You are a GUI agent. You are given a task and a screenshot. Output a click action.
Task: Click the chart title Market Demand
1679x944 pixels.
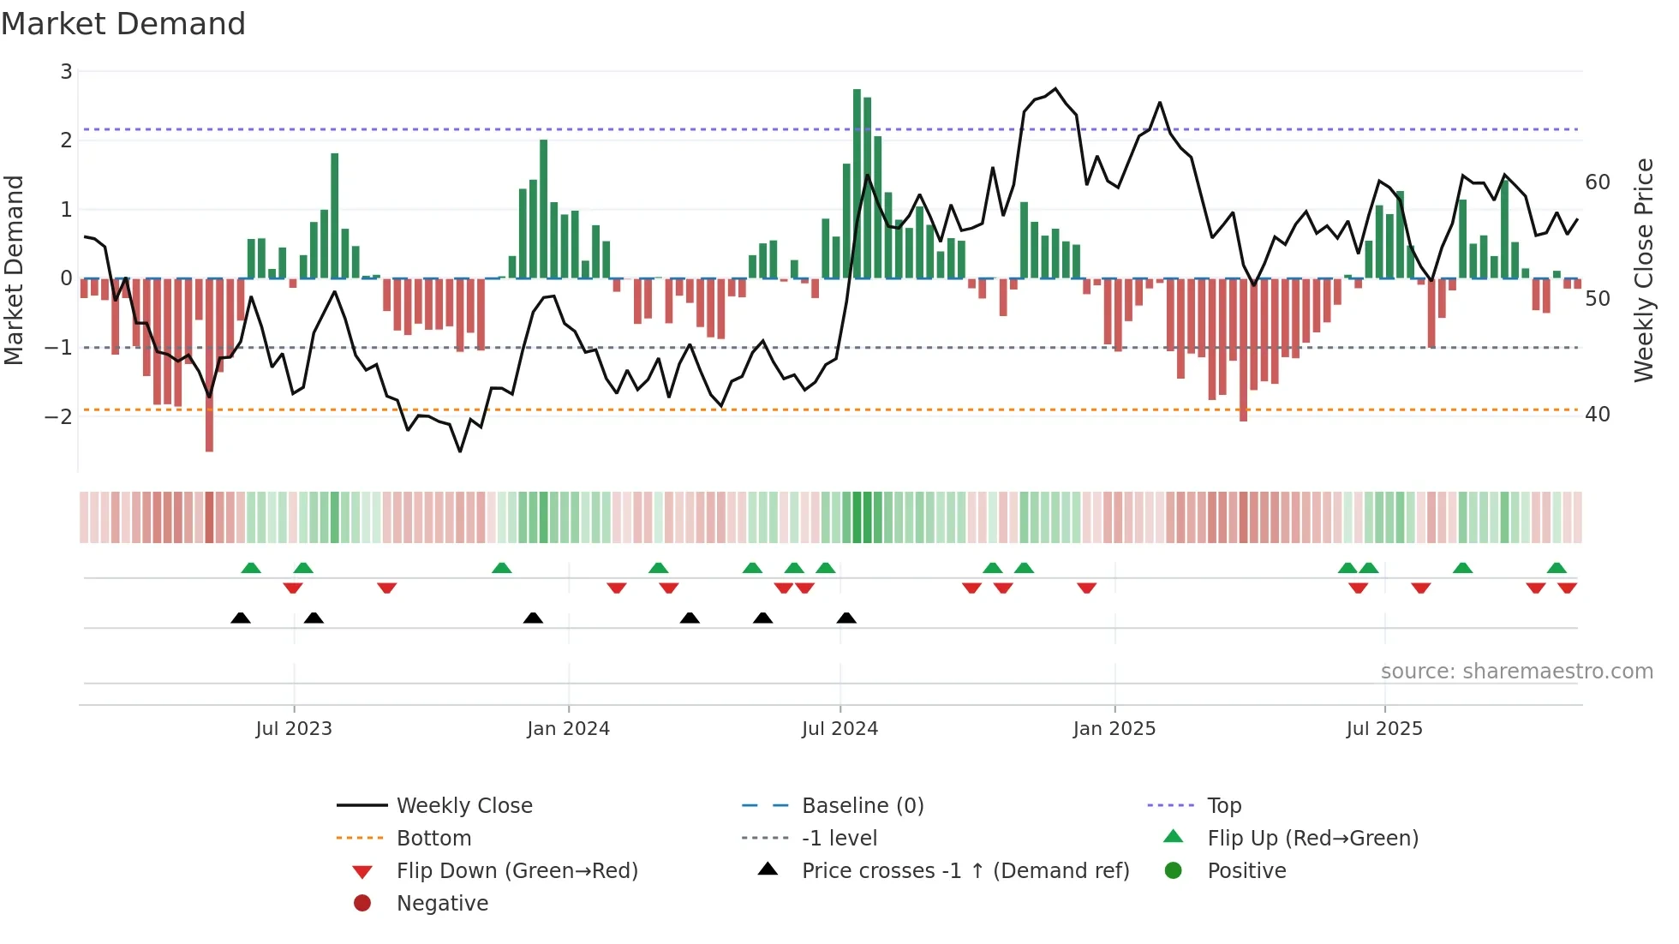click(123, 24)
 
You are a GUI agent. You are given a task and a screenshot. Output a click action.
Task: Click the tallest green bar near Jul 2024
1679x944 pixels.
click(857, 183)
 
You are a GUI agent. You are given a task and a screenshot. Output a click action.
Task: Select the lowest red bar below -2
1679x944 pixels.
click(210, 364)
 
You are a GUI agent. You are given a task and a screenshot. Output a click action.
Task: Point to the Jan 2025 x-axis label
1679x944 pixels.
click(1114, 729)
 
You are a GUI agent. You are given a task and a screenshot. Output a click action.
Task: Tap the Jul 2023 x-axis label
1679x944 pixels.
click(294, 729)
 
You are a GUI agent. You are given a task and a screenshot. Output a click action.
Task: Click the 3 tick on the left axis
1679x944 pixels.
click(66, 72)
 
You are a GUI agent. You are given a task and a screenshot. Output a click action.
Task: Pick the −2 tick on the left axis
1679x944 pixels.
click(59, 417)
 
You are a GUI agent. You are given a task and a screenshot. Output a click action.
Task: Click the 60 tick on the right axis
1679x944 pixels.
click(1598, 182)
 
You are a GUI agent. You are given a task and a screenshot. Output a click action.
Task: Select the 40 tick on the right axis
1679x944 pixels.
click(1598, 415)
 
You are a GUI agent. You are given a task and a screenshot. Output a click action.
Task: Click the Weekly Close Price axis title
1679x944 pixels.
click(1643, 270)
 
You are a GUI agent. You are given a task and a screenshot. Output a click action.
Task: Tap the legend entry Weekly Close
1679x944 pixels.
click(463, 806)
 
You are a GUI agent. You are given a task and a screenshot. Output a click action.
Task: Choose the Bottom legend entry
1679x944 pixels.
click(433, 839)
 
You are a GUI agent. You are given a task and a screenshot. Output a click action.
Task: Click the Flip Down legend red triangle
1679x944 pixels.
click(362, 872)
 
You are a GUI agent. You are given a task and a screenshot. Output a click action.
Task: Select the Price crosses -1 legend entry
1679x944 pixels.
click(965, 871)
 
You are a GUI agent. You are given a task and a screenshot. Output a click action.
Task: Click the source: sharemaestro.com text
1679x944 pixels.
click(1516, 672)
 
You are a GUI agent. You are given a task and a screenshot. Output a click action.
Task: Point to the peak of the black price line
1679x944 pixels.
click(1055, 89)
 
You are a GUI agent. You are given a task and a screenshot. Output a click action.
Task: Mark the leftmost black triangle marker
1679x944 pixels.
click(241, 618)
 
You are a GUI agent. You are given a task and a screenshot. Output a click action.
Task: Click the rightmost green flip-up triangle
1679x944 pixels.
click(1557, 568)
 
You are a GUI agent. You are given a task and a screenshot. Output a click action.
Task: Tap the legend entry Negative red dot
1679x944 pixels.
click(362, 904)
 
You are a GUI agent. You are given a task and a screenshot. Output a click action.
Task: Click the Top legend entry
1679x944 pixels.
click(1223, 806)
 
